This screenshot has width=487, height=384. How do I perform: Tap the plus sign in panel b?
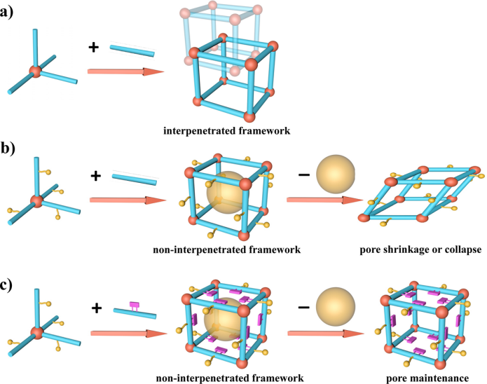click(x=96, y=175)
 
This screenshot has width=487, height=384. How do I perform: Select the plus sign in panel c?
click(x=96, y=308)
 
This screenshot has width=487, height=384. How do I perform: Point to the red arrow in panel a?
click(x=125, y=71)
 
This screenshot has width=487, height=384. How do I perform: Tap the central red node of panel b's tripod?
click(x=37, y=201)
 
